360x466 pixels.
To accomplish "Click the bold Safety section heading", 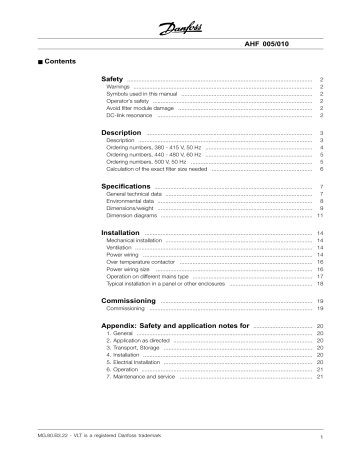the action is tap(117, 78).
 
